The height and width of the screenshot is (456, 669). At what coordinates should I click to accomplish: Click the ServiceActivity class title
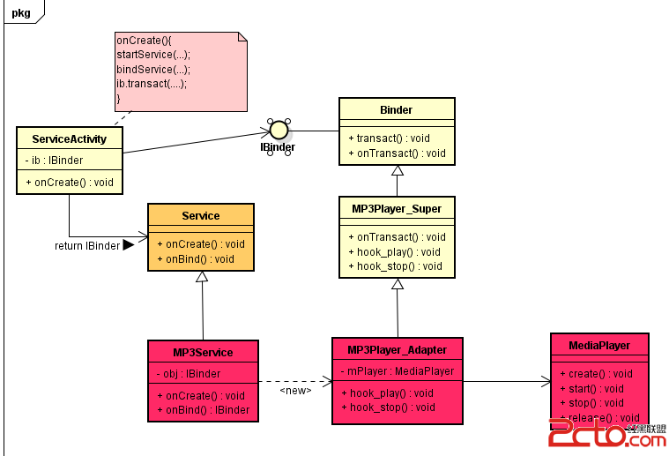(x=69, y=139)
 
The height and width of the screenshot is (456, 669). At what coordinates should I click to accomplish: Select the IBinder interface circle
(x=279, y=130)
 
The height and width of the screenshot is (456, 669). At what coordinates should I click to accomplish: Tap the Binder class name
(x=397, y=110)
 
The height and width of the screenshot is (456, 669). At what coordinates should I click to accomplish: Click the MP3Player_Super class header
(x=397, y=209)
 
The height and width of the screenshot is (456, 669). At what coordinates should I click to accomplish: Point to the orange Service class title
(x=200, y=215)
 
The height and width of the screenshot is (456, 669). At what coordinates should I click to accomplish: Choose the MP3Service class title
(x=203, y=353)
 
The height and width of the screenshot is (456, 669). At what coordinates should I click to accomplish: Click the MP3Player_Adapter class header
(x=398, y=349)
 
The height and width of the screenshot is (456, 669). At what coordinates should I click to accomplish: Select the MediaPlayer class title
(x=599, y=345)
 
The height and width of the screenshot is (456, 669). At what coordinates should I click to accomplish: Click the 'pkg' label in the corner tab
(x=20, y=11)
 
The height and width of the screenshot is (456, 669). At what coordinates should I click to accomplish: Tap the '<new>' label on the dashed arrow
(x=295, y=390)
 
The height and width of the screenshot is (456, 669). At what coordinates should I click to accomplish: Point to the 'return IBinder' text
(x=86, y=246)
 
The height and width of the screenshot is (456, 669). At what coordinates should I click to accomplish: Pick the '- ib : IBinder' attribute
(x=53, y=161)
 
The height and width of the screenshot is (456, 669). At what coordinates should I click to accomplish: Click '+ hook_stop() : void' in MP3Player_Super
(x=395, y=266)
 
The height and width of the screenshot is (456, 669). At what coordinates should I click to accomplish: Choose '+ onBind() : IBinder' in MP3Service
(x=203, y=410)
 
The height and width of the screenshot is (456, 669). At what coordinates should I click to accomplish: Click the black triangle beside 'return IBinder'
(x=128, y=245)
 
